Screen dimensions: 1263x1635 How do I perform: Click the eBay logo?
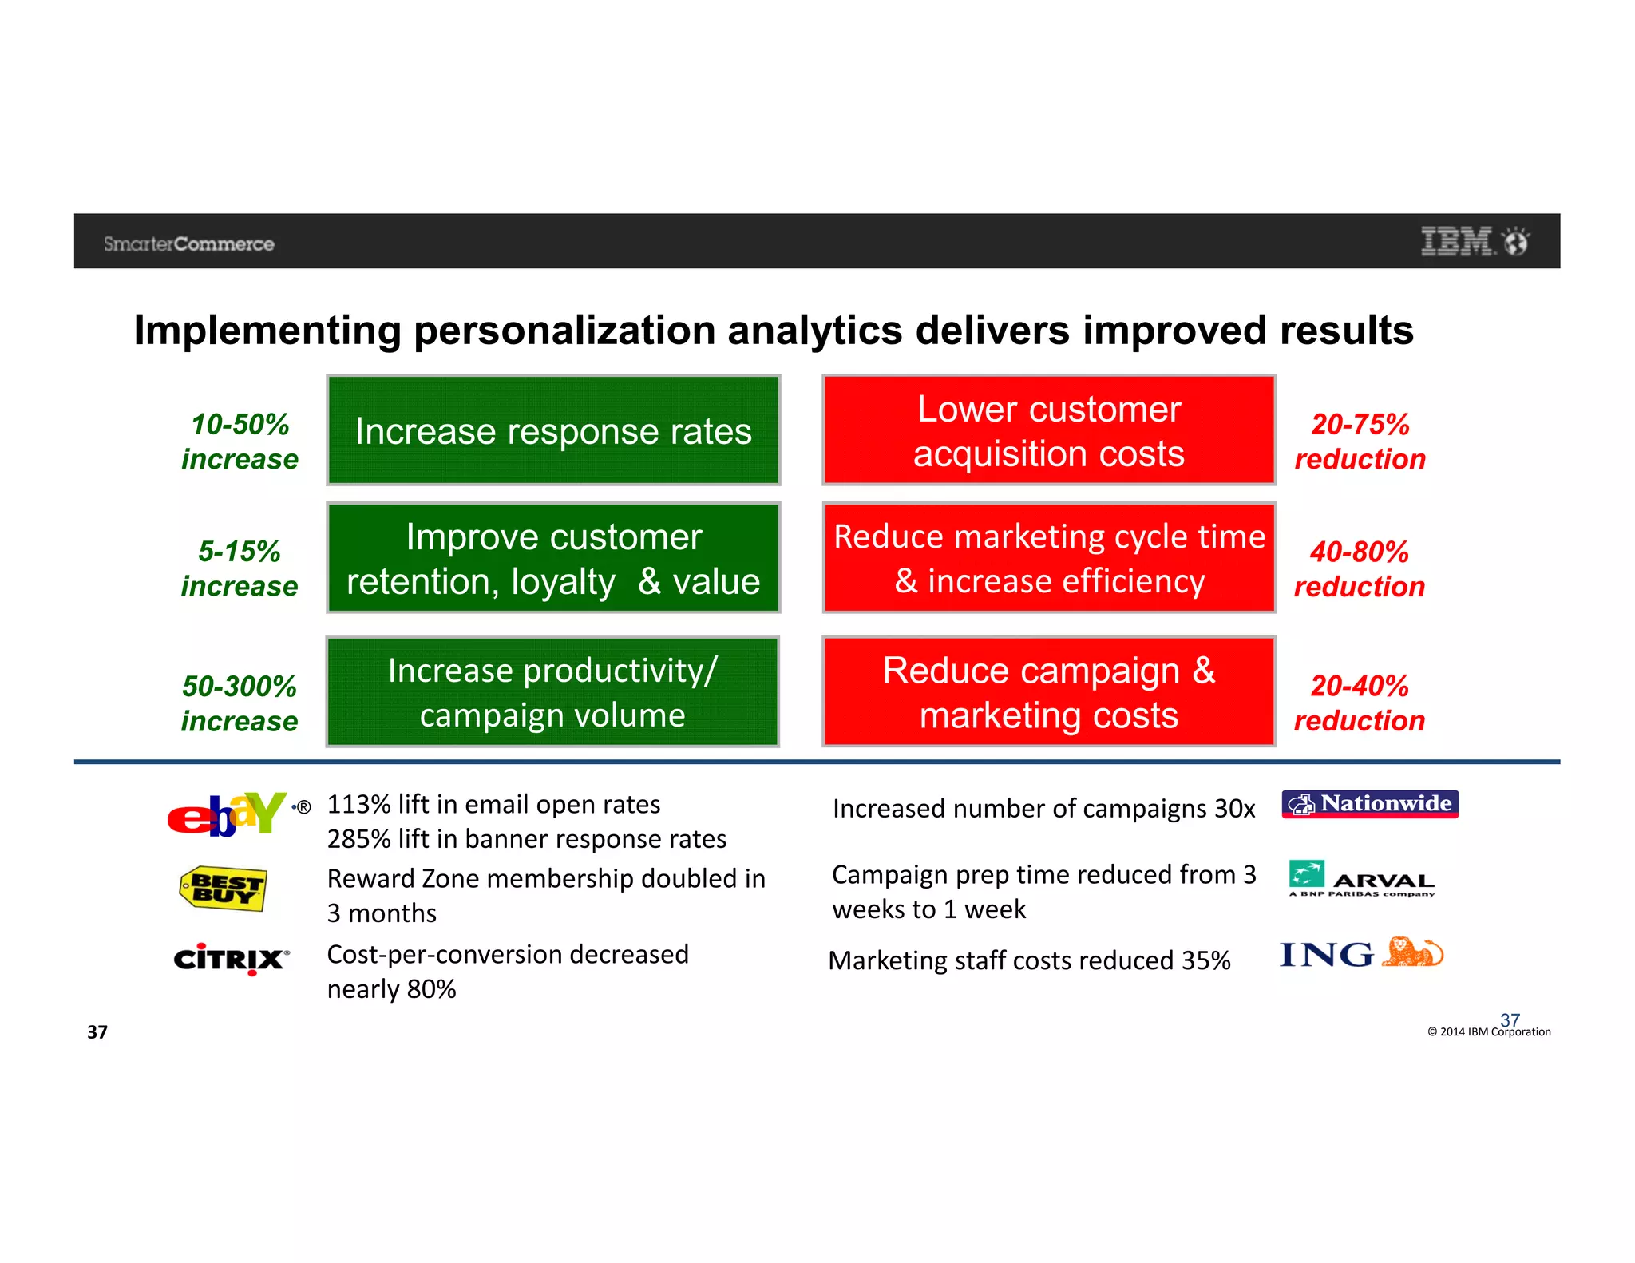227,814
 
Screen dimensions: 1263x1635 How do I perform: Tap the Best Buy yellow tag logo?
223,889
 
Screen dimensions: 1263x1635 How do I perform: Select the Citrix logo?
230,958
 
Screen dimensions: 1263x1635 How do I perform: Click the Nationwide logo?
1369,804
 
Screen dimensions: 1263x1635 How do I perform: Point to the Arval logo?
1361,879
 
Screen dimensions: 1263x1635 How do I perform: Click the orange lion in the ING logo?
1411,952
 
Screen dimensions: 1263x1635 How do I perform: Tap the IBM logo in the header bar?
1457,241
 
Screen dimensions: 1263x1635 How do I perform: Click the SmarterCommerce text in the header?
189,244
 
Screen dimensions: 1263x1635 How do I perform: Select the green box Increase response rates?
553,430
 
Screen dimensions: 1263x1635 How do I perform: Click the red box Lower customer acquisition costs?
1048,430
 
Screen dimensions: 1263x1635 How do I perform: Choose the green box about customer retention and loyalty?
553,558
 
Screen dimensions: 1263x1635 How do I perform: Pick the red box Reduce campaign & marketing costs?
1048,692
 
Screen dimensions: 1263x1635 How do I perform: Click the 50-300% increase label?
239,703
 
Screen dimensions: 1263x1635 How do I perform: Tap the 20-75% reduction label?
1360,441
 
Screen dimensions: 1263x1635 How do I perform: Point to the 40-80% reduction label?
1359,569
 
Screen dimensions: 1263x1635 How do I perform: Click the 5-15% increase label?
239,568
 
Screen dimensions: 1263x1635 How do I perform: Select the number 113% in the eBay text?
358,804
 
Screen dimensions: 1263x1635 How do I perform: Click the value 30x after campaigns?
1234,809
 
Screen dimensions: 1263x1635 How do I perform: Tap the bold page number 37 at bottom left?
97,1032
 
